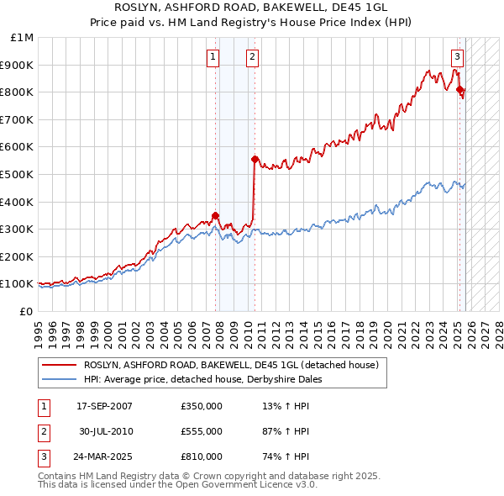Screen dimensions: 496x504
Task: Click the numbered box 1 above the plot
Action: coord(212,57)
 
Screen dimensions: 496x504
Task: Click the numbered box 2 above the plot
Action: coord(252,57)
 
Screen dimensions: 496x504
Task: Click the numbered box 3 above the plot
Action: coord(456,57)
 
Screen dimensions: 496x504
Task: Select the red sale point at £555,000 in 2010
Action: coord(255,158)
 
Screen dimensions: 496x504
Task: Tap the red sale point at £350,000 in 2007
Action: coord(215,214)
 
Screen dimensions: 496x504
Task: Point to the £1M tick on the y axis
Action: coord(23,38)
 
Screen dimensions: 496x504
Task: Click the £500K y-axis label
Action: coord(18,174)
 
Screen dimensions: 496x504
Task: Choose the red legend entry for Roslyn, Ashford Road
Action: coord(231,365)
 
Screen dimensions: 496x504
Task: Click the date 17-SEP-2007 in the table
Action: coord(104,405)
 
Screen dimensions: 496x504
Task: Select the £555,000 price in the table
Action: coord(201,430)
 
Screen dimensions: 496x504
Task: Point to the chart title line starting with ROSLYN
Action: coord(251,8)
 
